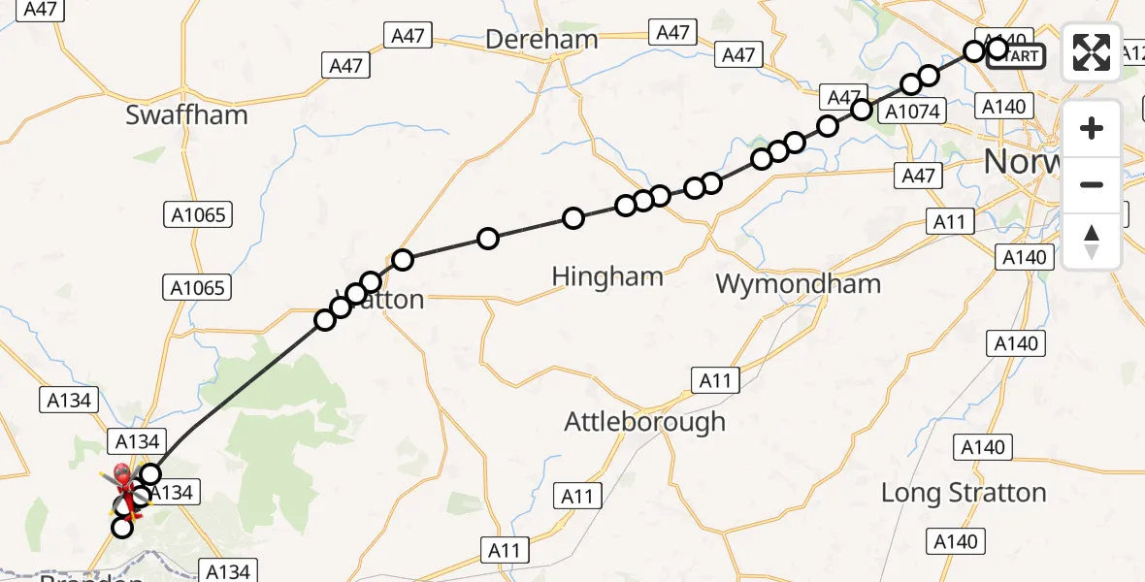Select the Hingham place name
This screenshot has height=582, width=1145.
607,276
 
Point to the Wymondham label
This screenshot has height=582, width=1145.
798,283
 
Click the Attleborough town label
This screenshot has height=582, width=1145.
645,421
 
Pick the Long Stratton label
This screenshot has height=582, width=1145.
964,492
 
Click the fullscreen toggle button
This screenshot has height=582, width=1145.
1092,52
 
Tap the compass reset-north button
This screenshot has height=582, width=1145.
1092,242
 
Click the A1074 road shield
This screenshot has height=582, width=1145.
912,112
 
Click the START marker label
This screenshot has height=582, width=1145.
1017,56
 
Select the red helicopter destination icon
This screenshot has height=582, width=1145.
123,478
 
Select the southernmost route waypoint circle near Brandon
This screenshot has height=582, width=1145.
122,528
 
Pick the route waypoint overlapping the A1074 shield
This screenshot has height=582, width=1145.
862,110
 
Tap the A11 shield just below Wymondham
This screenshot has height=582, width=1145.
715,379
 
